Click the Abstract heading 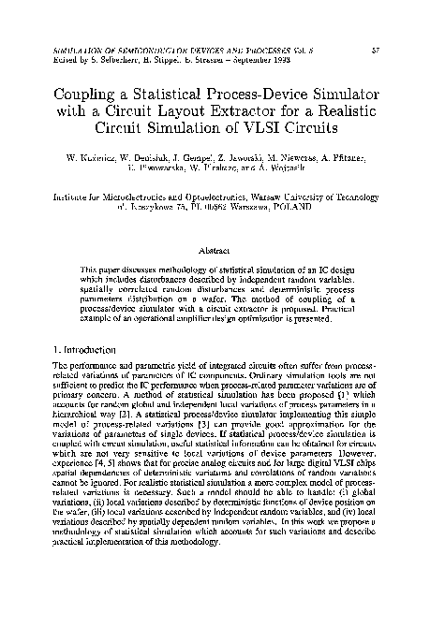click(x=215, y=250)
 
